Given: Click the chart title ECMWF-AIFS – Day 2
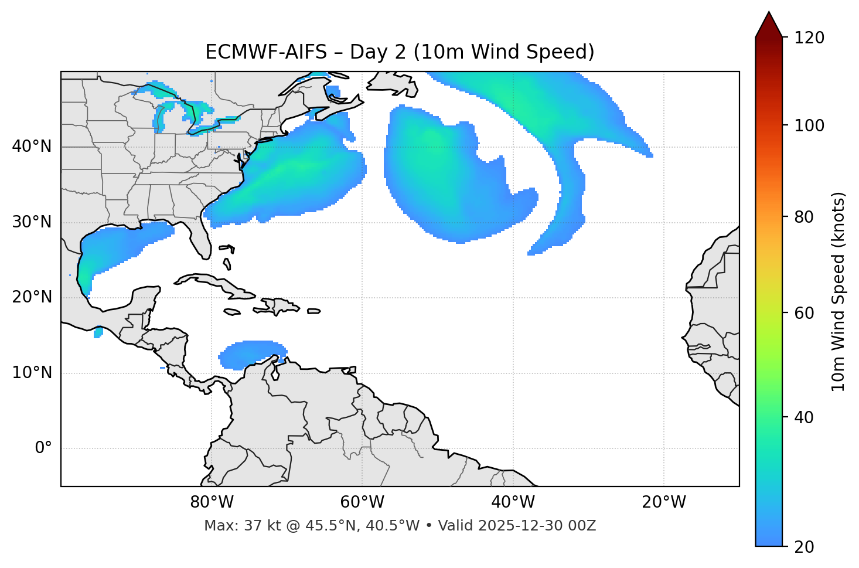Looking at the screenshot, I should click(x=400, y=52).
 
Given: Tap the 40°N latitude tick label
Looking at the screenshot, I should click(x=32, y=147).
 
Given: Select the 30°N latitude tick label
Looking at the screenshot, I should click(x=32, y=222).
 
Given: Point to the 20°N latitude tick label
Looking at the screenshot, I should click(x=32, y=297).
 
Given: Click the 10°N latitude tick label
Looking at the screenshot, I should click(x=32, y=373).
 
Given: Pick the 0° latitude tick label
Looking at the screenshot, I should click(x=43, y=448).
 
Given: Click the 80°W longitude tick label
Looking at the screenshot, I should click(x=212, y=502).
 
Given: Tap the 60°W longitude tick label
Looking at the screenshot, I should click(x=362, y=502).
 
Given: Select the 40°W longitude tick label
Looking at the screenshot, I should click(x=513, y=502).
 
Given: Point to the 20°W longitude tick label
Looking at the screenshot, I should click(x=663, y=502).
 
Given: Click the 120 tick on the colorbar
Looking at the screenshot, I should click(x=809, y=38).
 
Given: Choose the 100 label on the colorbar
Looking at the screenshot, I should click(x=809, y=125).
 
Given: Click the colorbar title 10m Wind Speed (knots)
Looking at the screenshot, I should click(x=838, y=291).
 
